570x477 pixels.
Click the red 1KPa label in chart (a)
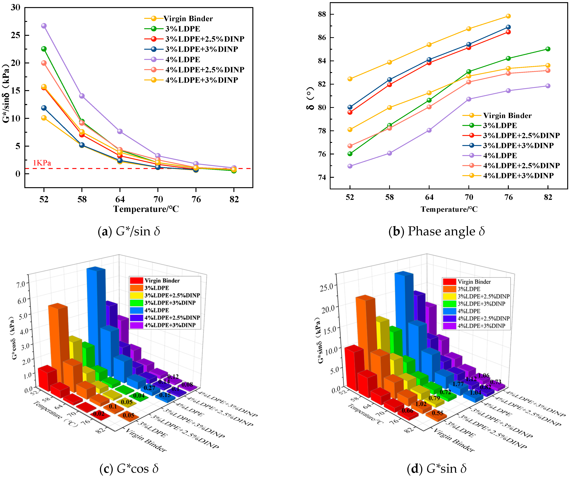click(x=42, y=163)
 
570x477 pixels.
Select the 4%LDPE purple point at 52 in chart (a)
click(x=44, y=26)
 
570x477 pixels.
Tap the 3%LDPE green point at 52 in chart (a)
click(x=44, y=49)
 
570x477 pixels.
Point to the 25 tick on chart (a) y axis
click(x=15, y=35)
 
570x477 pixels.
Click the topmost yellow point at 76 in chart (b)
click(x=508, y=16)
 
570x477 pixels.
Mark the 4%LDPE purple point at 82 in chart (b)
click(x=548, y=86)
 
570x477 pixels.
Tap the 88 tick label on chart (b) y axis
click(x=322, y=14)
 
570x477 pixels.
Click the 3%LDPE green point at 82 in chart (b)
click(x=548, y=49)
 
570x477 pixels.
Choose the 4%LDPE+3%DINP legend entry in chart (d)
click(x=481, y=326)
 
